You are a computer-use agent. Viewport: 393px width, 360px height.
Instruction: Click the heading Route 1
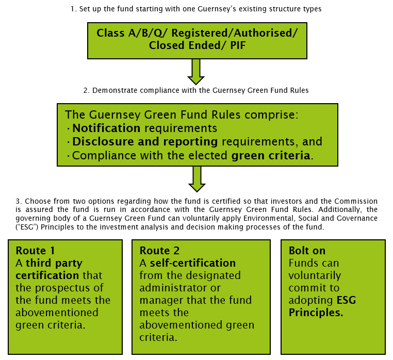point(35,251)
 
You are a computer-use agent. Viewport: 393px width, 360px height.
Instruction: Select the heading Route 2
point(159,251)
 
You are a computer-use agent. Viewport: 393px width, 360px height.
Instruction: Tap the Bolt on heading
point(307,251)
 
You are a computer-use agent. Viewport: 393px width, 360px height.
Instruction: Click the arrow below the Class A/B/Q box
point(196,71)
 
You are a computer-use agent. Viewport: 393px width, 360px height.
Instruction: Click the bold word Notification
point(106,128)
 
